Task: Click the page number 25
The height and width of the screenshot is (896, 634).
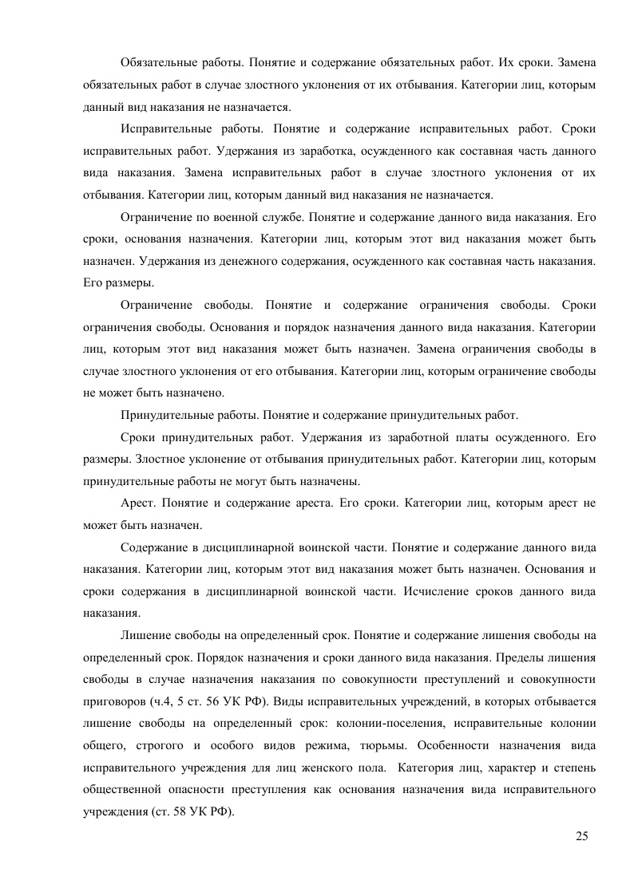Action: click(581, 836)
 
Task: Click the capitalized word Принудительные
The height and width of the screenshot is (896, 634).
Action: click(166, 415)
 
